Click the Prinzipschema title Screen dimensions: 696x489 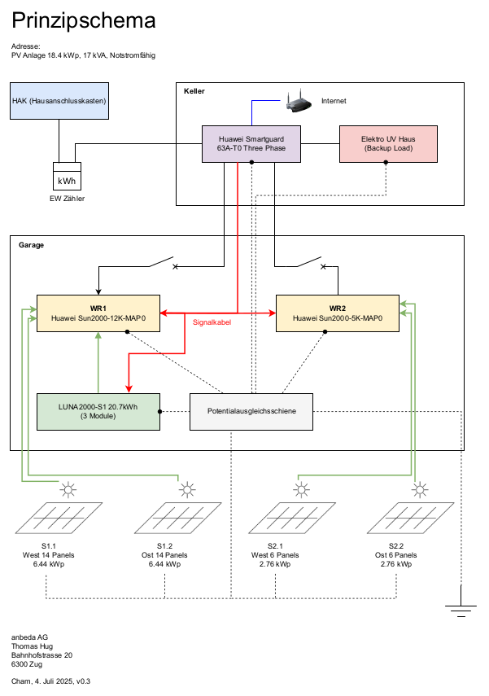84,21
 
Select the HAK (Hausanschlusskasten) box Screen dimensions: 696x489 60,101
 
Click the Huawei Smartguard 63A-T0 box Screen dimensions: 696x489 251,145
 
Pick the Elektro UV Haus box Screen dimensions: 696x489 387,145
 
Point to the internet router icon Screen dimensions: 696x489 297,103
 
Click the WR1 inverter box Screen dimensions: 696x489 98,313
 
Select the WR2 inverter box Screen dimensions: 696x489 337,313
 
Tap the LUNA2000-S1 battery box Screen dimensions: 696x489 98,411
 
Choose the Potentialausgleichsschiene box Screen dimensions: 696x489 251,411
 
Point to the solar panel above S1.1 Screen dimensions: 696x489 57,519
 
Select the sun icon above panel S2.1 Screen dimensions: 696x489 302,490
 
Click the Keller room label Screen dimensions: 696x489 194,91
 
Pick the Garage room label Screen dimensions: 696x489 31,244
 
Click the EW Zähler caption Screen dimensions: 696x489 67,199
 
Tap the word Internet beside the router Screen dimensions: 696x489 334,101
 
